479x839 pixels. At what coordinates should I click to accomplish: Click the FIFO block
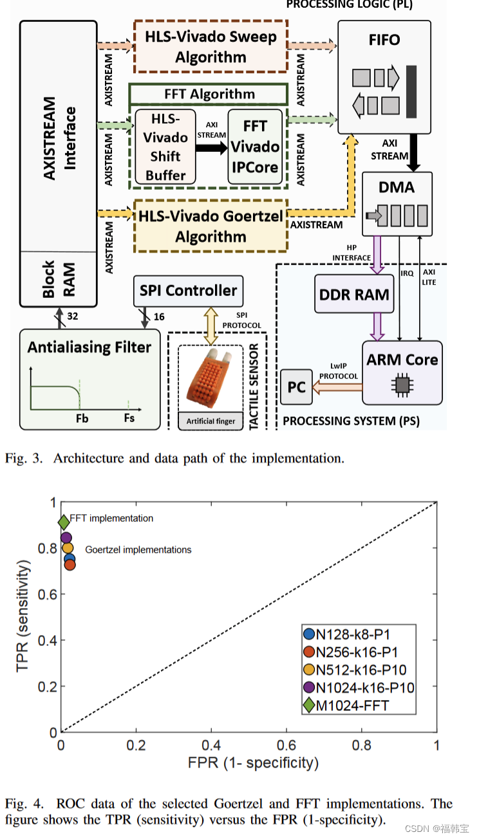point(384,77)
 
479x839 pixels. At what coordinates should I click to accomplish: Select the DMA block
point(397,204)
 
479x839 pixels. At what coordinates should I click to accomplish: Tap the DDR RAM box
point(354,295)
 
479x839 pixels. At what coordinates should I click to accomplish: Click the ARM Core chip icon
point(402,385)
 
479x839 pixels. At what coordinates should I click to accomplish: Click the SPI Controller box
point(188,291)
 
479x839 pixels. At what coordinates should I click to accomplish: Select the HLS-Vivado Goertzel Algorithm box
point(211,226)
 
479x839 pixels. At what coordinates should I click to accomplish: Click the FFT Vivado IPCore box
point(256,147)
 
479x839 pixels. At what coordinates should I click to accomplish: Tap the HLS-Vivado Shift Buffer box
point(165,147)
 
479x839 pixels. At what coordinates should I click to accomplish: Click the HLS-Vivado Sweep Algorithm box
point(211,46)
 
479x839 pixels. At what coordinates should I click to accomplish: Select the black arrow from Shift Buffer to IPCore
point(212,147)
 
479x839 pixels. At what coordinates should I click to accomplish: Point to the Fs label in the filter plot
point(129,418)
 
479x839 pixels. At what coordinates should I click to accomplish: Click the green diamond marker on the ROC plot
point(64,522)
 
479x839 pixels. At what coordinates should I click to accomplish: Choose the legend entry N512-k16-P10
point(359,670)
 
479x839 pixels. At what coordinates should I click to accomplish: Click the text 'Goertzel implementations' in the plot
point(138,549)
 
